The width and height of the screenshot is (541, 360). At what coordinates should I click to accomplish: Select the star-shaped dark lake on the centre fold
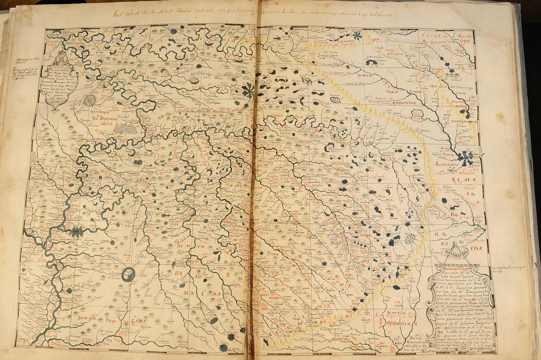click(x=248, y=91)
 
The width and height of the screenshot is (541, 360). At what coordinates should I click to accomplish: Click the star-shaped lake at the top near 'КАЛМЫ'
click(x=358, y=37)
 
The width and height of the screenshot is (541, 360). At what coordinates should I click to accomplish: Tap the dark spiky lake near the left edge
click(x=77, y=231)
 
